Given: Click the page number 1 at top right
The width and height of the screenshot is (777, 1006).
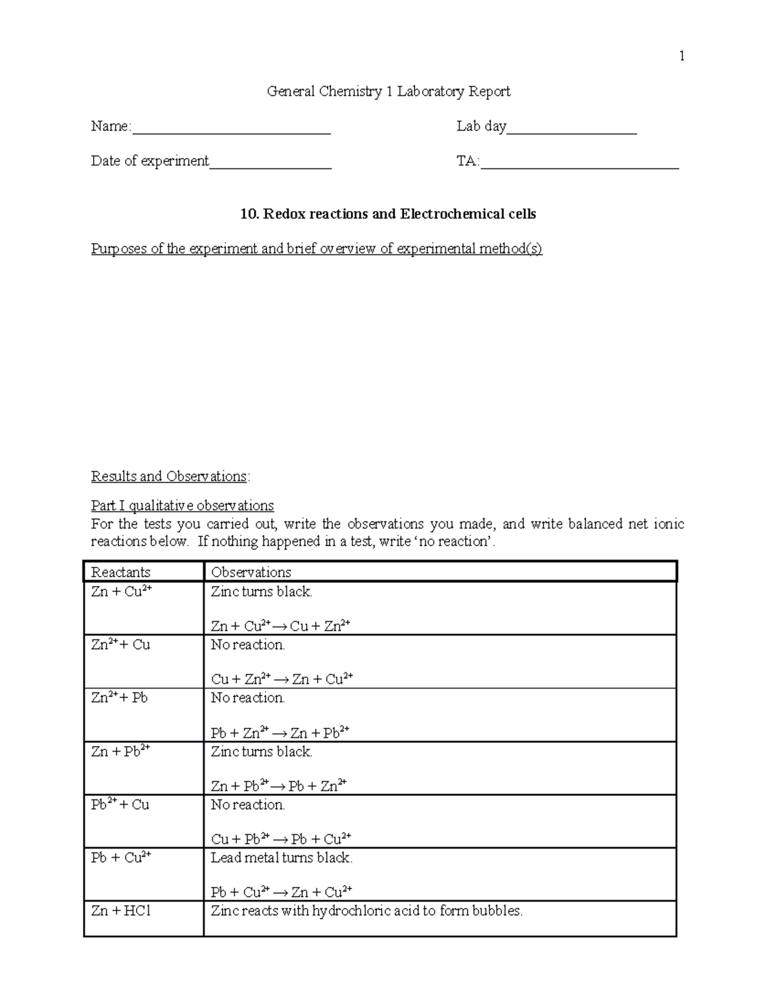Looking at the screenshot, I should [x=681, y=56].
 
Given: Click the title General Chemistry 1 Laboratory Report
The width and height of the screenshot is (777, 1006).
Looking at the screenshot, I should [x=388, y=91].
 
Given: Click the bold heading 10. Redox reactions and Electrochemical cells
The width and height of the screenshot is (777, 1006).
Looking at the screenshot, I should [x=388, y=214].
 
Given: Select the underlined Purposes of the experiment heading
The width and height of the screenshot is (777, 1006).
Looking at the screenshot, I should [x=317, y=249].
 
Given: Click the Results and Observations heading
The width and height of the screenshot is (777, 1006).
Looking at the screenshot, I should [x=170, y=476].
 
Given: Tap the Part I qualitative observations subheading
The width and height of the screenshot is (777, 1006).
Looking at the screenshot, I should [x=183, y=505].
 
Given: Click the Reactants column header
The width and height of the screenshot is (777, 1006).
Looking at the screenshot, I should [x=120, y=572].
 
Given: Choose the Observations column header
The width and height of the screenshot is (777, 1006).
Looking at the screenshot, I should [x=251, y=572].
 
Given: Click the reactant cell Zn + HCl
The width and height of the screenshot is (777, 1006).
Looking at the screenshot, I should [x=121, y=911].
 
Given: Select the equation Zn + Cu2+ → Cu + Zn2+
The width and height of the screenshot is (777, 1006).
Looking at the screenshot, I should [x=280, y=626].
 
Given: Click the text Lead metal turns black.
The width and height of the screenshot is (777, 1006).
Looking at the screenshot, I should [x=282, y=858].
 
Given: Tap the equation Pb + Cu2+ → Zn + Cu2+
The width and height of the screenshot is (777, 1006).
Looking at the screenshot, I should [x=282, y=892].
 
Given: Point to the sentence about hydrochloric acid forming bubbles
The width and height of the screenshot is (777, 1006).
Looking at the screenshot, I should [x=366, y=911].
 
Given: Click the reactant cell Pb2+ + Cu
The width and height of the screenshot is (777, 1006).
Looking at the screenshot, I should [x=120, y=805].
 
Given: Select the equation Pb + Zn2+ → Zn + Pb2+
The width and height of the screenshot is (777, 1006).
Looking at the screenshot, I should [x=280, y=733].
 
